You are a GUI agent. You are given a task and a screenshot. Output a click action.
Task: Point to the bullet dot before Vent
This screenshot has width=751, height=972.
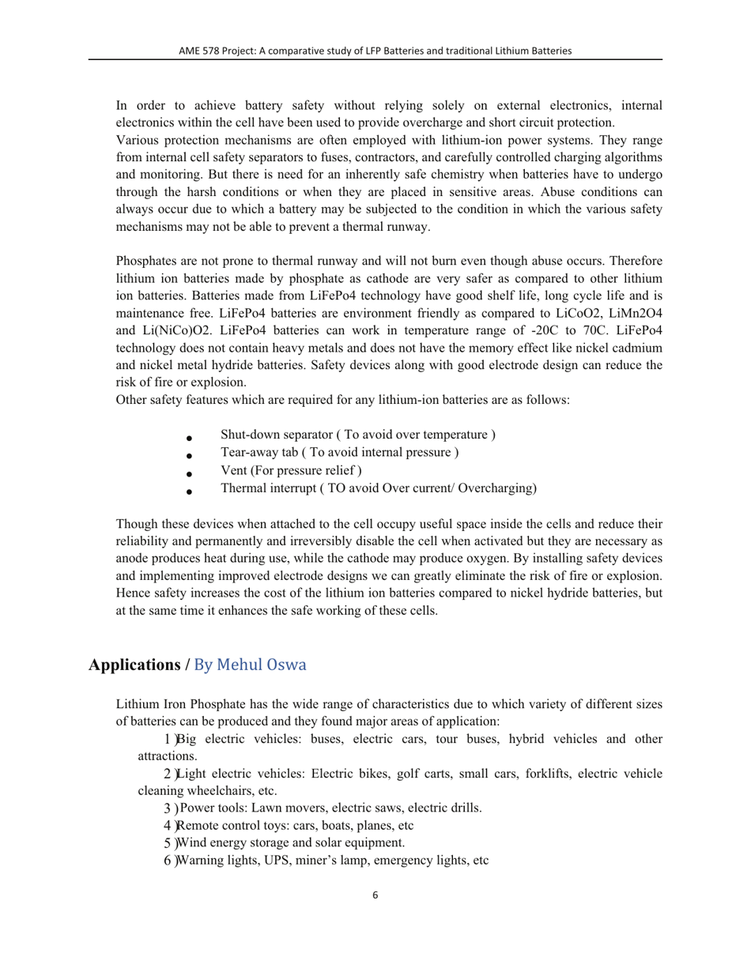pyautogui.click(x=188, y=473)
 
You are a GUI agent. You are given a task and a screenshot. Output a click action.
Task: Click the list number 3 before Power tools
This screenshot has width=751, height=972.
pyautogui.click(x=167, y=808)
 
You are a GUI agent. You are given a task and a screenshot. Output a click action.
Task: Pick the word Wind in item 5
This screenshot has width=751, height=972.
pyautogui.click(x=191, y=842)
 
